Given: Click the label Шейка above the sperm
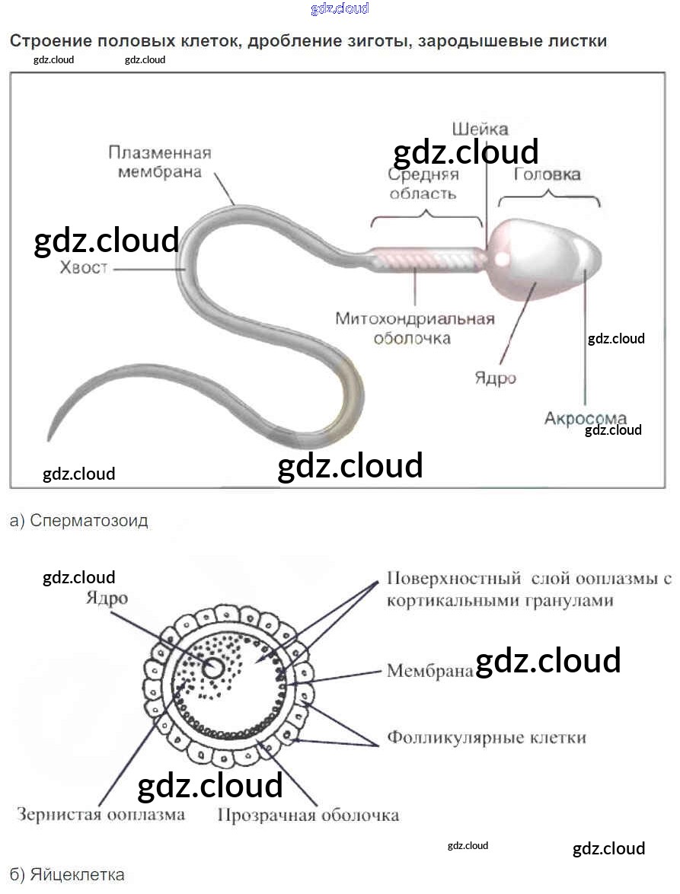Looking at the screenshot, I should [x=479, y=129].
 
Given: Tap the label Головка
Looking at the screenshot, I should [x=547, y=174].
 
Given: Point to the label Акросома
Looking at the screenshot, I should [x=585, y=418].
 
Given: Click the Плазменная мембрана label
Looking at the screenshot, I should [x=159, y=161].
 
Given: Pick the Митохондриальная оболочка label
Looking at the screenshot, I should [x=415, y=327].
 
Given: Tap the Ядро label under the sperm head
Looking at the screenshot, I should [x=495, y=378].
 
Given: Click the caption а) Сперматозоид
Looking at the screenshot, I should [x=79, y=521].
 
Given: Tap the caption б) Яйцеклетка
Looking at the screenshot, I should [x=67, y=874].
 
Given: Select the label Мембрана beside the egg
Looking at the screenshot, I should [x=429, y=671].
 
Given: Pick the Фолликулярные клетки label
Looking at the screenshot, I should [x=487, y=737].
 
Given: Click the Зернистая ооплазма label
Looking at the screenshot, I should [x=101, y=814].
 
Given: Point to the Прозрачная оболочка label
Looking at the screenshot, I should [x=308, y=815].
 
